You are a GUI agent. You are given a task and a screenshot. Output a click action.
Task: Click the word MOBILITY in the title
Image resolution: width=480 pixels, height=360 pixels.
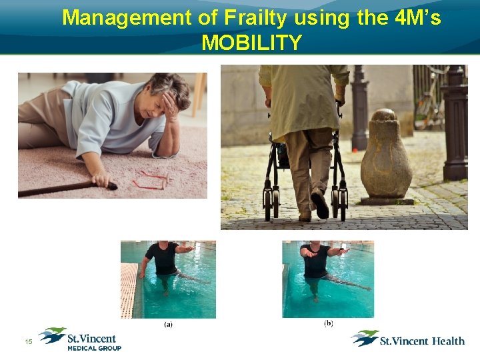(x=251, y=43)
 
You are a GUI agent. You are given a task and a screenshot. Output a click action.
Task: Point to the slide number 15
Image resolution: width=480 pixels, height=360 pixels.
(x=29, y=342)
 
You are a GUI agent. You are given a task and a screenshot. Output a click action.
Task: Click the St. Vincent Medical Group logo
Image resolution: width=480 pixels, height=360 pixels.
(x=80, y=339)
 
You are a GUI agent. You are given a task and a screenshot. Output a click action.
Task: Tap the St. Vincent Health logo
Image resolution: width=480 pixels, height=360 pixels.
(x=408, y=339)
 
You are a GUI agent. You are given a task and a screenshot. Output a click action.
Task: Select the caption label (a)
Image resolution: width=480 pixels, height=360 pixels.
(x=168, y=325)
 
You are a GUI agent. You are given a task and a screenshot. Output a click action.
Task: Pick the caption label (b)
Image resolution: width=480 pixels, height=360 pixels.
(x=328, y=323)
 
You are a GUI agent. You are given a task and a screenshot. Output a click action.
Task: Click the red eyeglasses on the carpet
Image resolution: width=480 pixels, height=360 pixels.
(x=150, y=180)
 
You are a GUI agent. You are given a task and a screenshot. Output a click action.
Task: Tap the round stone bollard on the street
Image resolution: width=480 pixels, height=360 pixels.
(x=386, y=157)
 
